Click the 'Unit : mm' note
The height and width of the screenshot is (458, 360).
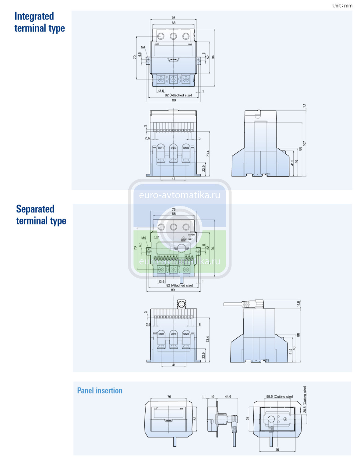pos(342,5)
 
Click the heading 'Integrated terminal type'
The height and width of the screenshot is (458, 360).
pos(39,22)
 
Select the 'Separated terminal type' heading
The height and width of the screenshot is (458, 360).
pos(41,215)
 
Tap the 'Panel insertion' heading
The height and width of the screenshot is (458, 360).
pos(100,391)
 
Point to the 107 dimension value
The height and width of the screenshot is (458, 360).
pos(304,143)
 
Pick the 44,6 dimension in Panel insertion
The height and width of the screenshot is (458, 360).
pos(228,397)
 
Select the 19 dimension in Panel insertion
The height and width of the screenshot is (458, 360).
pos(213,397)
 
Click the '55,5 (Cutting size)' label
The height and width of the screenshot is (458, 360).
pos(279,397)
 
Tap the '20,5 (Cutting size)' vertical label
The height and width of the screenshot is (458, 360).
pos(305,400)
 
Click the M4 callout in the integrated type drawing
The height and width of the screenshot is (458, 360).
pos(143,47)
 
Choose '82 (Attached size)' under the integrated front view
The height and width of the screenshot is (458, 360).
pos(178,95)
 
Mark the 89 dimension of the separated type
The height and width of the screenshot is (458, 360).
pos(173,290)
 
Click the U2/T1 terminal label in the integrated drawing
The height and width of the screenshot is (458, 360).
pos(161,148)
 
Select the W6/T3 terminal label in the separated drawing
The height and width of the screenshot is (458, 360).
pos(186,334)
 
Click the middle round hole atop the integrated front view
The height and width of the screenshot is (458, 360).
pos(173,36)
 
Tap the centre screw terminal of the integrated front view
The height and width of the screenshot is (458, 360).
pos(173,79)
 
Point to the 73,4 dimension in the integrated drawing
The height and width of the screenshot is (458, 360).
pos(208,154)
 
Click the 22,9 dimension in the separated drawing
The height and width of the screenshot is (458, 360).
pos(204,355)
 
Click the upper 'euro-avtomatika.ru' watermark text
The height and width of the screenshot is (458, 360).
pos(180,195)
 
